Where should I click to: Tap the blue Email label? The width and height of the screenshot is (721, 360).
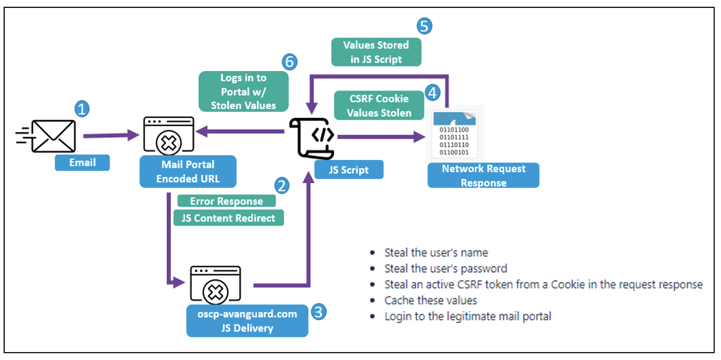(x=82, y=163)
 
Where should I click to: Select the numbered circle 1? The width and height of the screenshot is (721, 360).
(x=82, y=109)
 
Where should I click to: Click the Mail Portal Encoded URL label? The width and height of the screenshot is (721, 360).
(x=187, y=172)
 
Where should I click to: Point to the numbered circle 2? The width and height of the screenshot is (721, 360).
(x=282, y=185)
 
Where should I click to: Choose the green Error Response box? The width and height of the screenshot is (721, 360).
(x=227, y=201)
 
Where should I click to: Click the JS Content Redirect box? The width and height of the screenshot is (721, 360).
(x=228, y=218)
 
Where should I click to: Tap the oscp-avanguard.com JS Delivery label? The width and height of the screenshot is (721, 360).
(x=247, y=321)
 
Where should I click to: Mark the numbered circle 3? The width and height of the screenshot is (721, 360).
(x=318, y=311)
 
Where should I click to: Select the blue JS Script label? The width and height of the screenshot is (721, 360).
(x=348, y=170)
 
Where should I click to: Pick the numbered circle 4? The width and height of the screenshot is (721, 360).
(x=432, y=93)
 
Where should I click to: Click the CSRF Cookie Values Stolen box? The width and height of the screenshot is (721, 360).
(x=379, y=105)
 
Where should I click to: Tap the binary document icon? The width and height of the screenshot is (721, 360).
(x=454, y=134)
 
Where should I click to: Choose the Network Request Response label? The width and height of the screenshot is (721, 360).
(x=483, y=175)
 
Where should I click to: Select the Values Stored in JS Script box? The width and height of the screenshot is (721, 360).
(x=376, y=52)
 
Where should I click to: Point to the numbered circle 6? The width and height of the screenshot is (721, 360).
(x=289, y=61)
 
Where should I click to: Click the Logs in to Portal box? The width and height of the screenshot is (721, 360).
(x=244, y=92)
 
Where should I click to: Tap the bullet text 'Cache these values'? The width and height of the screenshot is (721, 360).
(x=430, y=300)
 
